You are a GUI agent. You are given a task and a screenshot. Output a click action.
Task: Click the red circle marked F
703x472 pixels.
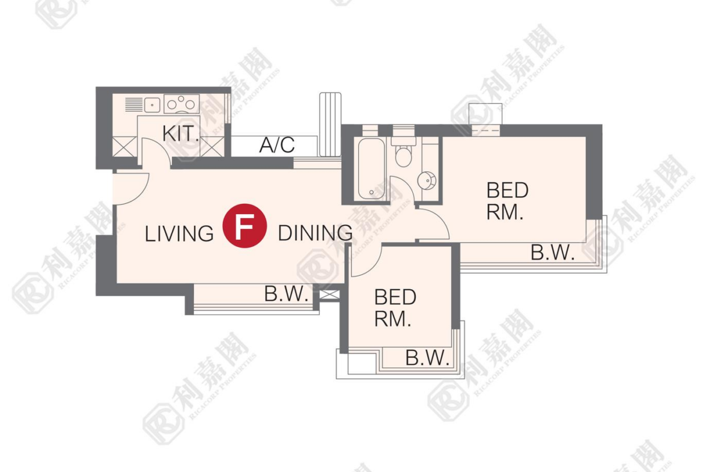245,225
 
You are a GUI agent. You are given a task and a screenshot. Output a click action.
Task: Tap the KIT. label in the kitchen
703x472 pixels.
180,133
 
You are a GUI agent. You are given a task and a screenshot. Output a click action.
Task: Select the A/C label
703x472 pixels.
277,144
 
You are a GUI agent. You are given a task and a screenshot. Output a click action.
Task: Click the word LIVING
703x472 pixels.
179,234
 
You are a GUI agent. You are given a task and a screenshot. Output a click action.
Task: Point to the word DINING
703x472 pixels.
315,233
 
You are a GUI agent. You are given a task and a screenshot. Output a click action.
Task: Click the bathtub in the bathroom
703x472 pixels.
371,169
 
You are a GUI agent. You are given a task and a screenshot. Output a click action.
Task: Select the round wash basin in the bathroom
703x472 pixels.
427,181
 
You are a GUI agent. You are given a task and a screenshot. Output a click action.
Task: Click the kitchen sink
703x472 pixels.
153,105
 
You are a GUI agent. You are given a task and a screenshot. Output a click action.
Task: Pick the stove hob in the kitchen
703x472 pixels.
181,104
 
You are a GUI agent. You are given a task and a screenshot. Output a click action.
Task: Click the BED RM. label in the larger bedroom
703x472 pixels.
507,201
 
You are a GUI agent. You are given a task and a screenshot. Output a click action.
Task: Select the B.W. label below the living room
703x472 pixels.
286,294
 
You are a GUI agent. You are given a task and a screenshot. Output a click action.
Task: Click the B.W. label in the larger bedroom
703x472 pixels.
552,253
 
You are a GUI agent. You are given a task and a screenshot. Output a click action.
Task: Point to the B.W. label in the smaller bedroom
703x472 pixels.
427,358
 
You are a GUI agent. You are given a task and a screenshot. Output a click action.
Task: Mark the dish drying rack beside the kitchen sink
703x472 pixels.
133,105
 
